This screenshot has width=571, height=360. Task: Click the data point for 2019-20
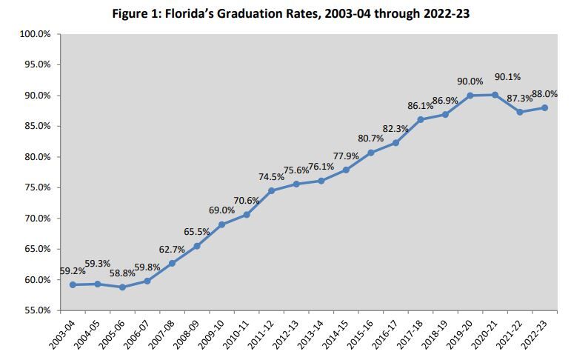click(x=470, y=96)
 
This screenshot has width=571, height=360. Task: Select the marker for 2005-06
click(x=122, y=287)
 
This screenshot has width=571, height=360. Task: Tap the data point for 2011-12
click(x=272, y=190)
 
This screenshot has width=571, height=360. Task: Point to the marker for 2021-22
click(x=520, y=112)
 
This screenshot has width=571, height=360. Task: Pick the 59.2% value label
click(x=73, y=271)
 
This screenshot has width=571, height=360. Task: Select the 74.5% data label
click(x=270, y=176)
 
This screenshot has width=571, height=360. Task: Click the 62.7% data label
click(x=172, y=249)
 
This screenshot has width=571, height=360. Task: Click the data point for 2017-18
click(x=421, y=119)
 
